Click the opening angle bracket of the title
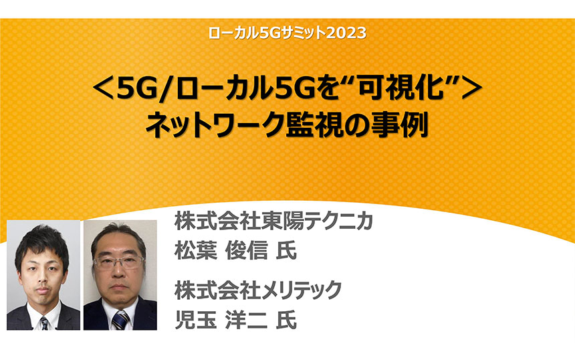click(103, 90)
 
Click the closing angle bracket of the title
click(472, 90)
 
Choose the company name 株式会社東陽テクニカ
click(274, 221)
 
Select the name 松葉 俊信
click(221, 251)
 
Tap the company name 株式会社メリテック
click(258, 290)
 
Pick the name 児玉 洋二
click(221, 320)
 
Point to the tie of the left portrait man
click(44, 323)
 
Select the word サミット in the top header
click(298, 33)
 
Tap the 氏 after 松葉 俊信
click(286, 251)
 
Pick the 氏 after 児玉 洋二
click(286, 320)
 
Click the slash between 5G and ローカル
click(167, 90)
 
